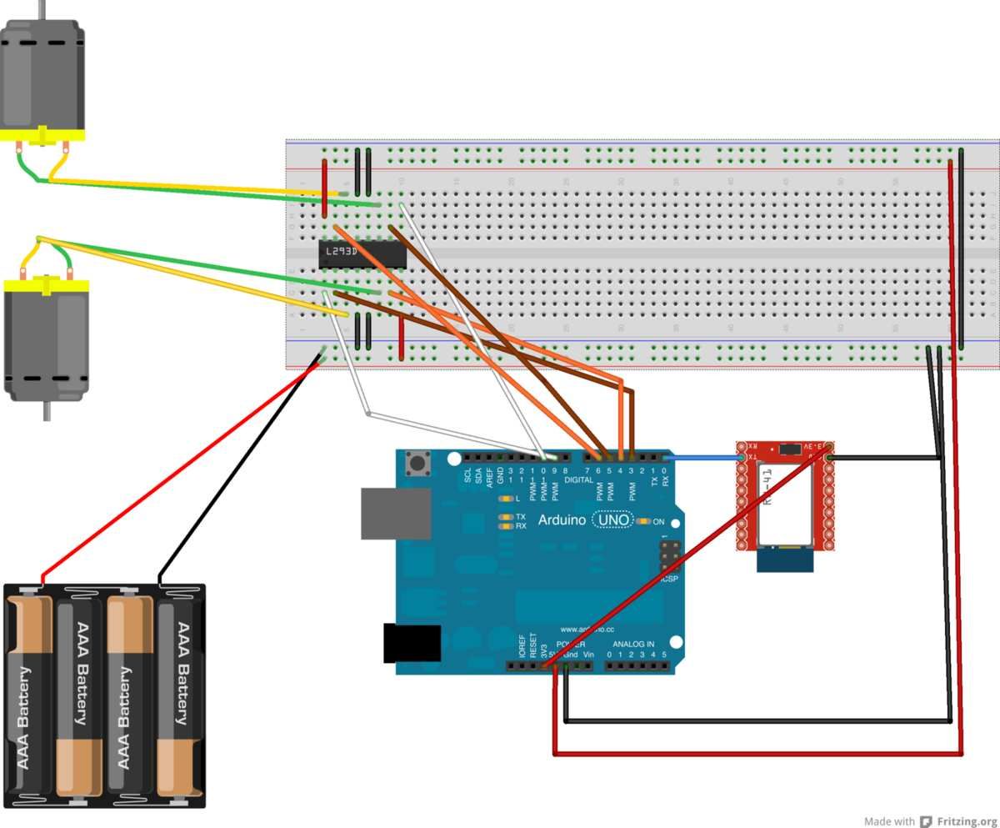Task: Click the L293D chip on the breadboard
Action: [362, 254]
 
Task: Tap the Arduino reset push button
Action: [414, 462]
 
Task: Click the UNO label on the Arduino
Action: [612, 519]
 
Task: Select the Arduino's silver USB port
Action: [395, 513]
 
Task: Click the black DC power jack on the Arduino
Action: [411, 643]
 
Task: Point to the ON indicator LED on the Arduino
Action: [644, 521]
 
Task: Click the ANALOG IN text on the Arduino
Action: [633, 645]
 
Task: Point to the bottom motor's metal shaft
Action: [47, 409]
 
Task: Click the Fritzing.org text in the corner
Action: [967, 820]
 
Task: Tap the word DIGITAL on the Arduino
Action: [578, 480]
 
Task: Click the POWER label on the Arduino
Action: [570, 645]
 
